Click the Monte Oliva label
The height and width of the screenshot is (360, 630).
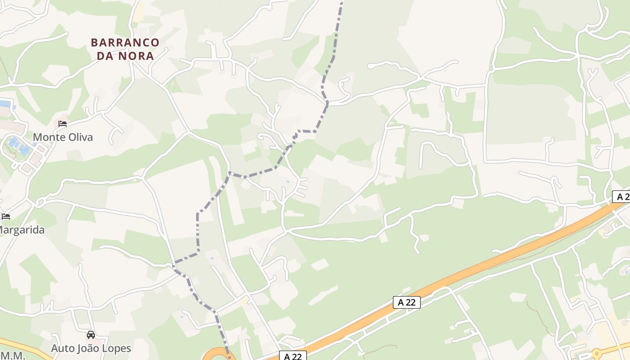pyautogui.click(x=63, y=137)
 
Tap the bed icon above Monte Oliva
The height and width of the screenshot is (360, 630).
pyautogui.click(x=63, y=123)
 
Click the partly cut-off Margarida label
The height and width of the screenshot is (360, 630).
pyautogui.click(x=22, y=230)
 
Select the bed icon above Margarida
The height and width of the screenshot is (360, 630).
pyautogui.click(x=6, y=216)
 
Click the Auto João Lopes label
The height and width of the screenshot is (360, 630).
pyautogui.click(x=91, y=348)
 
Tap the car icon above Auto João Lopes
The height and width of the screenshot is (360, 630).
pyautogui.click(x=91, y=335)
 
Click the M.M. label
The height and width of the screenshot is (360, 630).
pyautogui.click(x=12, y=355)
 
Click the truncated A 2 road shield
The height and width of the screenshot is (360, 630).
pyautogui.click(x=621, y=197)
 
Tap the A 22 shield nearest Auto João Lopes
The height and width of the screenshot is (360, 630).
pyautogui.click(x=292, y=356)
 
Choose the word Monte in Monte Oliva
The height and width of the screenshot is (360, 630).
pyautogui.click(x=47, y=137)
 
